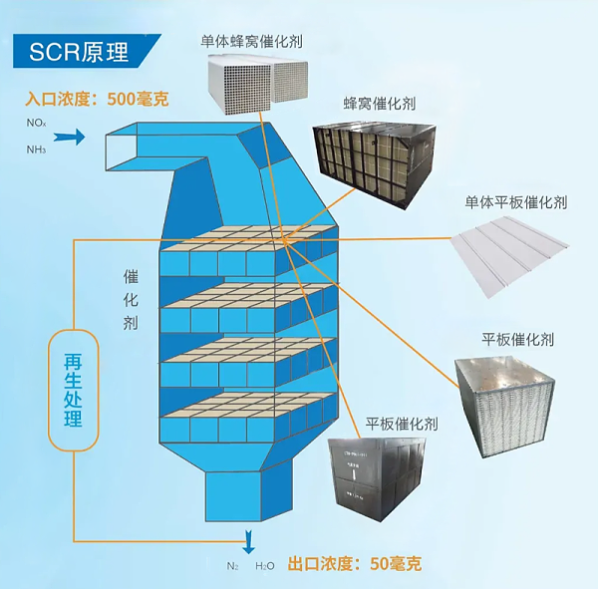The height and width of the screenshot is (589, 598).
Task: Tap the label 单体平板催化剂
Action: [x=515, y=201]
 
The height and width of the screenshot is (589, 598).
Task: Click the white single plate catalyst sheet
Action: [x=515, y=252]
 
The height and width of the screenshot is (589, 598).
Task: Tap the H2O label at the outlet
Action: [x=264, y=565]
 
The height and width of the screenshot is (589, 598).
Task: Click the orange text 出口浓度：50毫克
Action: [x=354, y=564]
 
